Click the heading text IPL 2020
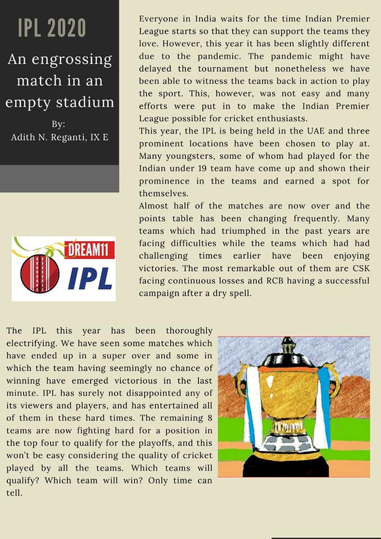pyautogui.click(x=52, y=28)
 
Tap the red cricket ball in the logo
pyautogui.click(x=40, y=273)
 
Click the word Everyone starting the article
pyautogui.click(x=160, y=19)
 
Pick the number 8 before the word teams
pyautogui.click(x=207, y=417)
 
